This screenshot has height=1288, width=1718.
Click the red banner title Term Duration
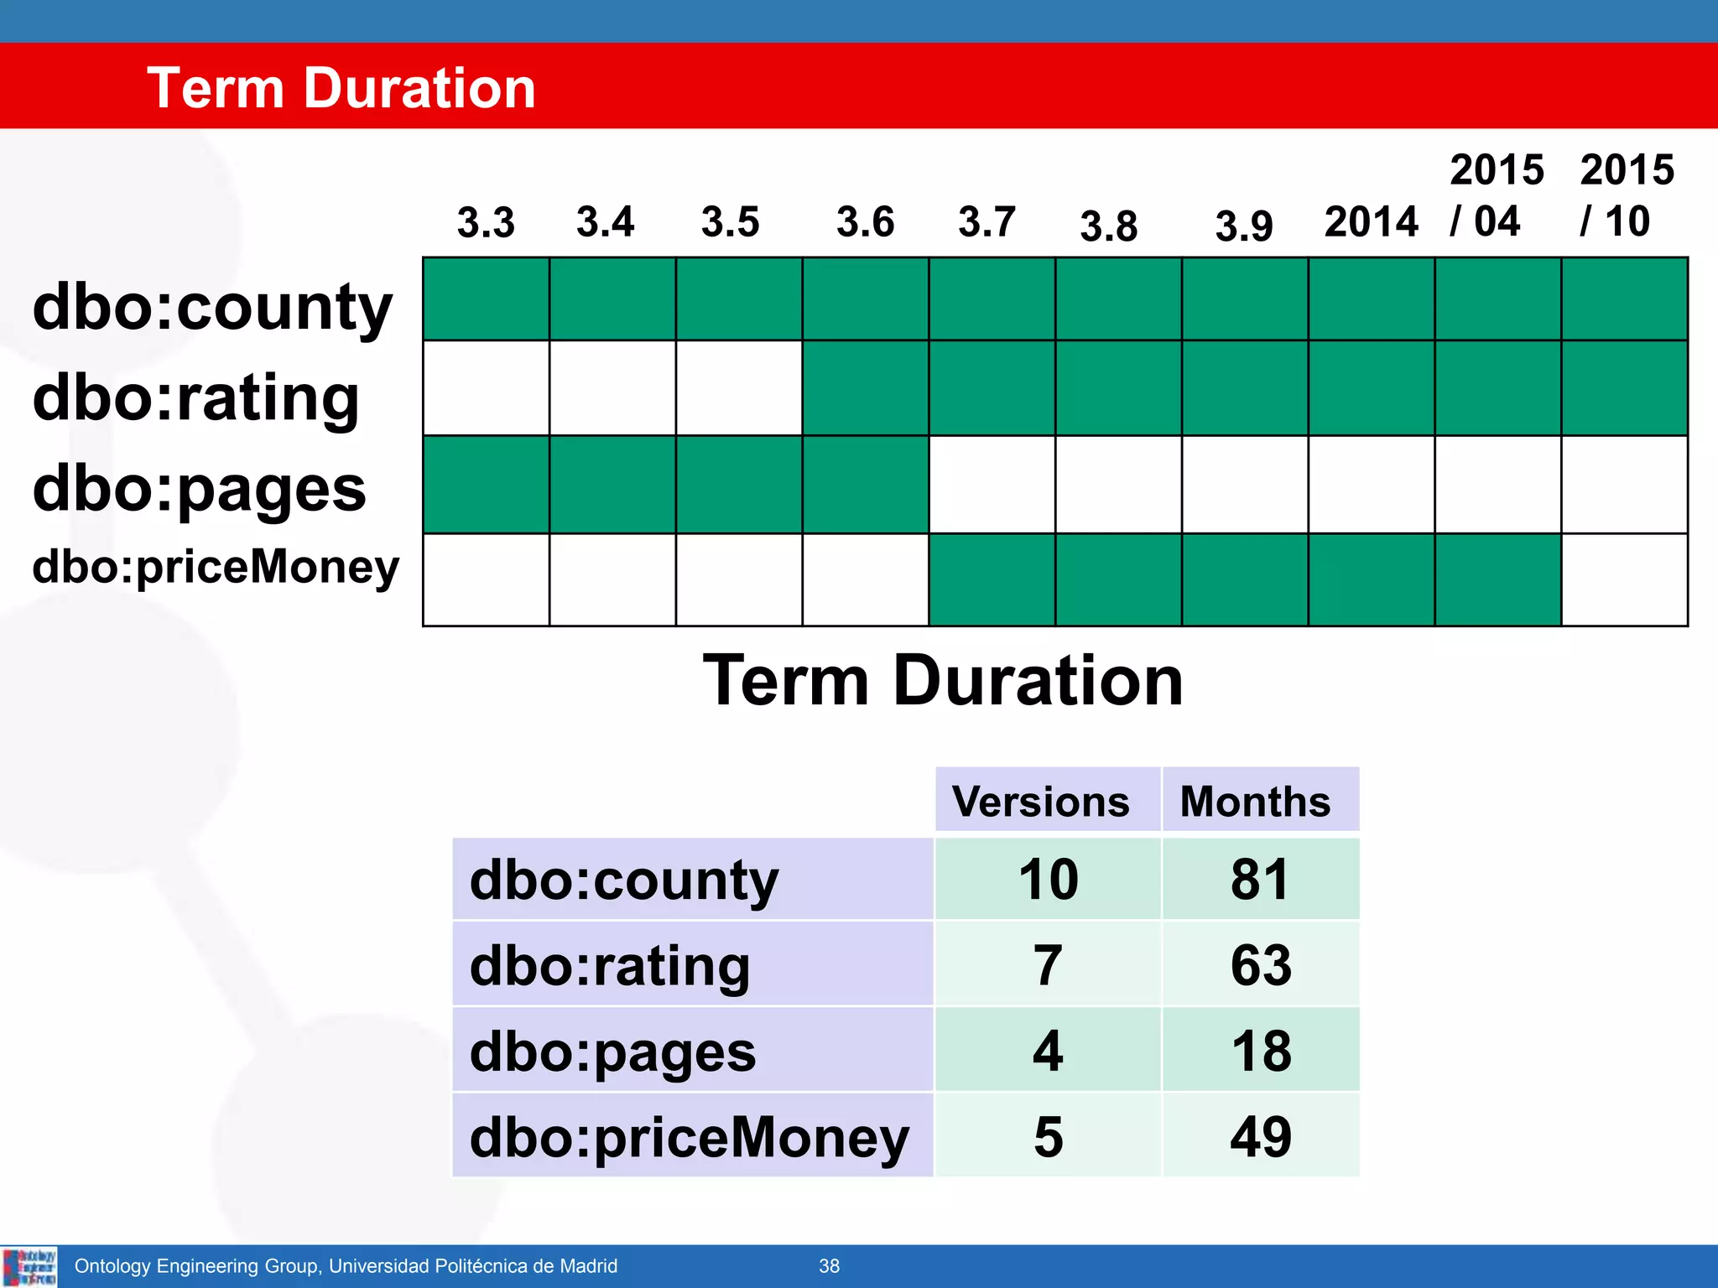341,88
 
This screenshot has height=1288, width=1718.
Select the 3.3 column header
486,223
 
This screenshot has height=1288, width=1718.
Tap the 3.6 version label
865,223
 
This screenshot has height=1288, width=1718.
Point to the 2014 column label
1371,223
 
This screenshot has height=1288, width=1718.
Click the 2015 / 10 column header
1626,195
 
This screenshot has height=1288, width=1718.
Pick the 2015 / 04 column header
1496,195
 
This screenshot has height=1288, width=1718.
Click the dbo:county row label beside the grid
211,307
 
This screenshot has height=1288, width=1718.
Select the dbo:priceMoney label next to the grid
216,568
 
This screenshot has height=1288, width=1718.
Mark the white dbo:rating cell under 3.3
487,388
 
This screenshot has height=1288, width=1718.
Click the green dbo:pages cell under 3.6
865,485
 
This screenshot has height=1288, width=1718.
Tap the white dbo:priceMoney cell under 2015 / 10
1624,580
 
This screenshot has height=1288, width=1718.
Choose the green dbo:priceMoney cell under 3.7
992,580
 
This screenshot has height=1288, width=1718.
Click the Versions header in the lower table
1040,802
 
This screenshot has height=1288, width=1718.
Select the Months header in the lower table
1255,802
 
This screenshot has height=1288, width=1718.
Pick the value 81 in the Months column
1259,880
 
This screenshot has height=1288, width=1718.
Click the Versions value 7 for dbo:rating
1048,965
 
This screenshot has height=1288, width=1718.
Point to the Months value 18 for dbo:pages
1261,1051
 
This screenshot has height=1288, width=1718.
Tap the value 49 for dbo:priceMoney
1261,1137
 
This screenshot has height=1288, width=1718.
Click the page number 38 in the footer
829,1266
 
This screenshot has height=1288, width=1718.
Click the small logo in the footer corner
29,1267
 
